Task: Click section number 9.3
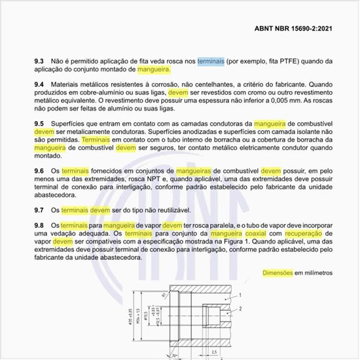pyautogui.click(x=39, y=61)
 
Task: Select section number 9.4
pyautogui.click(x=39, y=85)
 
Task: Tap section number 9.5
pyautogui.click(x=39, y=124)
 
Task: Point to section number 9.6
pyautogui.click(x=39, y=170)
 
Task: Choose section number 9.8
pyautogui.click(x=39, y=225)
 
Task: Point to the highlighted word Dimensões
pyautogui.click(x=276, y=272)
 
